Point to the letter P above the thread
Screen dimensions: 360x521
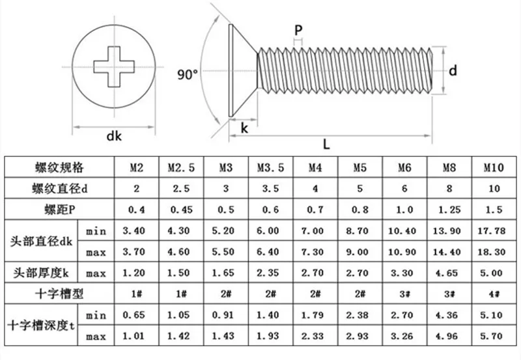(298, 30)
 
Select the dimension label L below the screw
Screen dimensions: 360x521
(326, 144)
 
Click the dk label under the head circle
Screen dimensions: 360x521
(115, 136)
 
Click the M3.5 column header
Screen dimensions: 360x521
(269, 168)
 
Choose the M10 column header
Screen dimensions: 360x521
(494, 168)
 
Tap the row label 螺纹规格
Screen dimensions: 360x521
(59, 168)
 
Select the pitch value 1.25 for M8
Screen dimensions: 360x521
(449, 210)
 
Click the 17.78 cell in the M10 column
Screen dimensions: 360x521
(494, 230)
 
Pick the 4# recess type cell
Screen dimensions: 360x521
(494, 293)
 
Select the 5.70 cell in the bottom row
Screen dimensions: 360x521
(494, 336)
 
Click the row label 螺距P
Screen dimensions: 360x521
(59, 210)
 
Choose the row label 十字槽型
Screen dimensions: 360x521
(59, 293)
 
